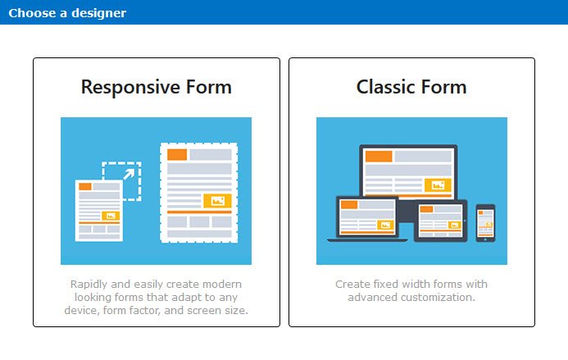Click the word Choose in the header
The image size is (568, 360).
[32, 13]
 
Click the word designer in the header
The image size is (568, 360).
[99, 13]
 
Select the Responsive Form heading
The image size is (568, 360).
[156, 88]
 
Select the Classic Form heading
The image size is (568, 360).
[411, 87]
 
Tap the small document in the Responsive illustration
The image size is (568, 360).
[99, 210]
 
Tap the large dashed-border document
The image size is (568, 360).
[199, 193]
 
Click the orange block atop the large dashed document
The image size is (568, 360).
[177, 154]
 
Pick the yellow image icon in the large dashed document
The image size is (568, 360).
[217, 200]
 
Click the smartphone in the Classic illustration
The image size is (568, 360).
[485, 223]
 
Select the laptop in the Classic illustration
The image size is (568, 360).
[367, 219]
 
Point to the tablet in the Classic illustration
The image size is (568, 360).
[440, 221]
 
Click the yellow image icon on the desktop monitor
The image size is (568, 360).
[438, 185]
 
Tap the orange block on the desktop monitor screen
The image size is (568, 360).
[379, 157]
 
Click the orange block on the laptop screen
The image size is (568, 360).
[349, 204]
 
